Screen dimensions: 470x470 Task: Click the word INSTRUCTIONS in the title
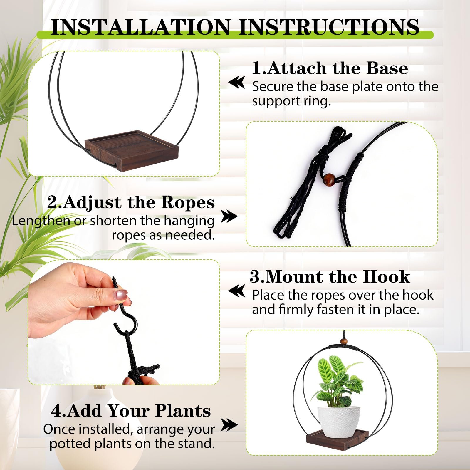[329, 27]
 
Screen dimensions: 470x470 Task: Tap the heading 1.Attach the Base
[330, 68]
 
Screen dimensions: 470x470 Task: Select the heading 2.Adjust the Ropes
[131, 203]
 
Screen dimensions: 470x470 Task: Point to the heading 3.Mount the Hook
[330, 277]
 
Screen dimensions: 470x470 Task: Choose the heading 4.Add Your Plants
[131, 410]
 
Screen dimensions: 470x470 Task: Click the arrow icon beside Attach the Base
[237, 82]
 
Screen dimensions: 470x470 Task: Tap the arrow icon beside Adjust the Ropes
[229, 216]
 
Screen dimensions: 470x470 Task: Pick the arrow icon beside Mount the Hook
[237, 291]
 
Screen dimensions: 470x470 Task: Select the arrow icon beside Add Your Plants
[229, 425]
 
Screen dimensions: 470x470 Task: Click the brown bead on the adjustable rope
[329, 179]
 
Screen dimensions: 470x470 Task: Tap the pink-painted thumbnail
[121, 294]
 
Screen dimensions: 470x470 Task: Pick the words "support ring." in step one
[291, 101]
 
